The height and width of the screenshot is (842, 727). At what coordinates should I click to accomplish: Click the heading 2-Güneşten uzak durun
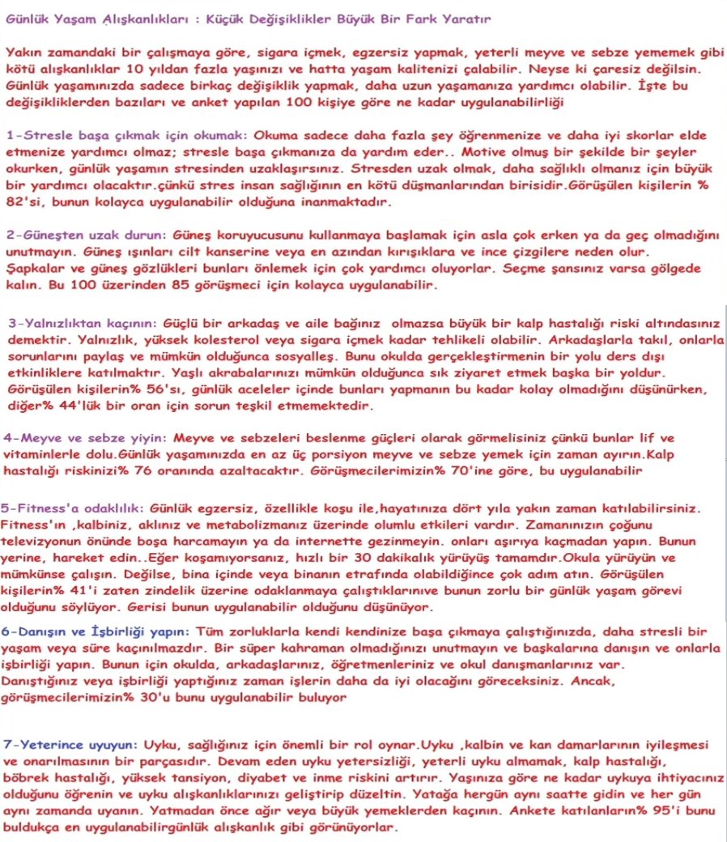pyautogui.click(x=86, y=234)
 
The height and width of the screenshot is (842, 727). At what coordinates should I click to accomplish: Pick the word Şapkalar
pyautogui.click(x=32, y=268)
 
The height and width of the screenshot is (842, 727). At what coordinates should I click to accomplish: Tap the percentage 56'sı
pyautogui.click(x=134, y=389)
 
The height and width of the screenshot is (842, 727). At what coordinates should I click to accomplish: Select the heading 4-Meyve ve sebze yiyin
pyautogui.click(x=87, y=436)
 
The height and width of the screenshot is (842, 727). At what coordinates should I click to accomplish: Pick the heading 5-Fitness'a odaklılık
pyautogui.click(x=72, y=508)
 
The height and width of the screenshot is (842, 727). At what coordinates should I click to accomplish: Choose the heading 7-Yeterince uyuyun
pyautogui.click(x=70, y=743)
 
